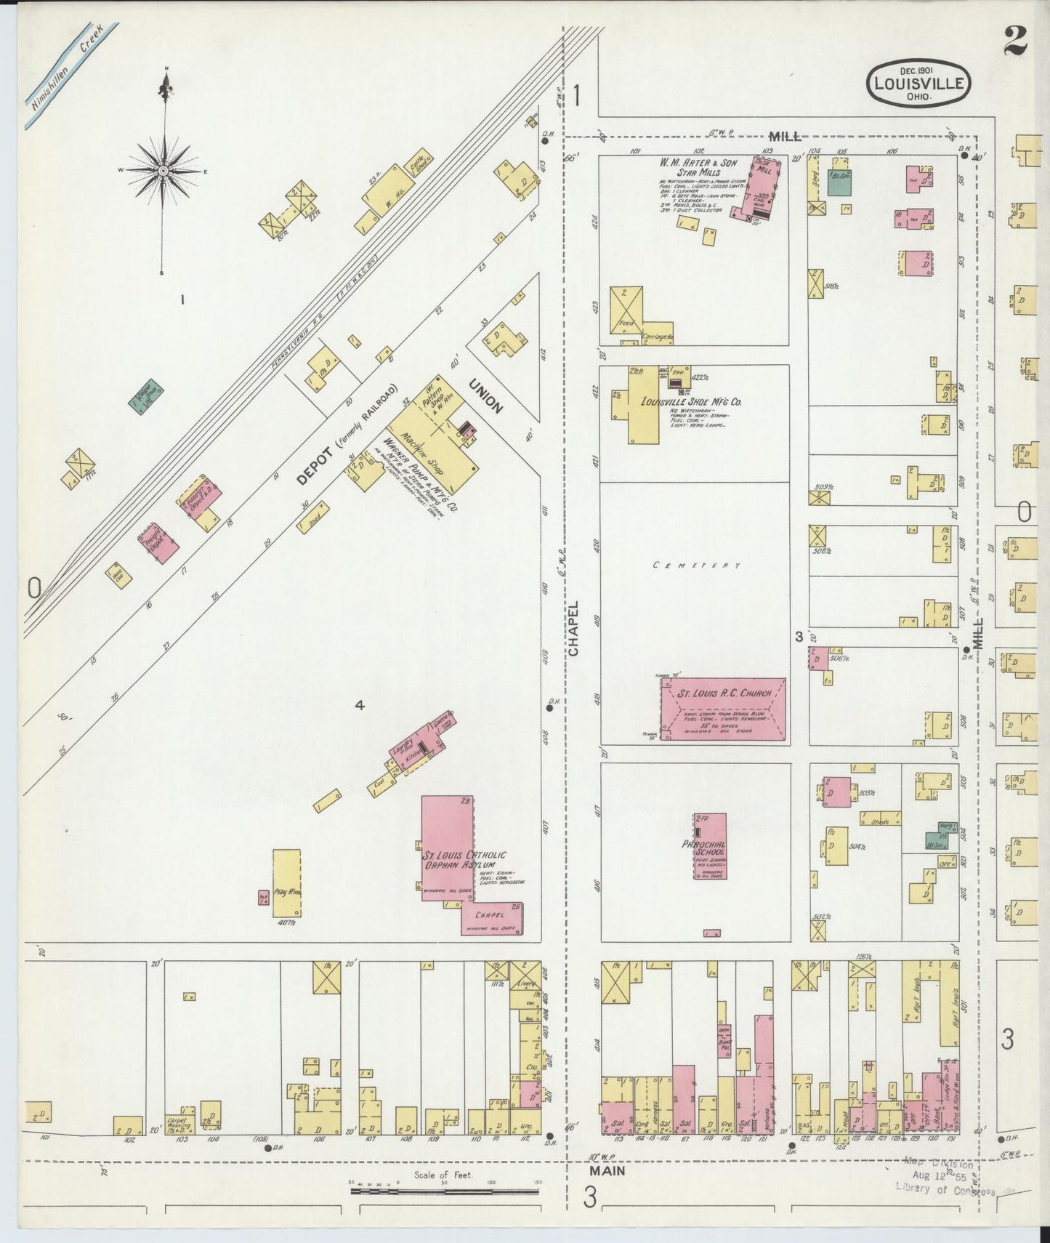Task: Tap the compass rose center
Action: click(x=164, y=172)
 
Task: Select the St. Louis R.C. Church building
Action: click(x=723, y=709)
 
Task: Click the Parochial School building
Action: click(x=709, y=846)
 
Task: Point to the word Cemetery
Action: click(x=696, y=566)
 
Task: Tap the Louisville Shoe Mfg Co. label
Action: click(x=691, y=401)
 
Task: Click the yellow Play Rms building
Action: click(x=287, y=882)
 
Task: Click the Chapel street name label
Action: click(x=574, y=628)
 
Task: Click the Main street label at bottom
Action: click(x=609, y=1171)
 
